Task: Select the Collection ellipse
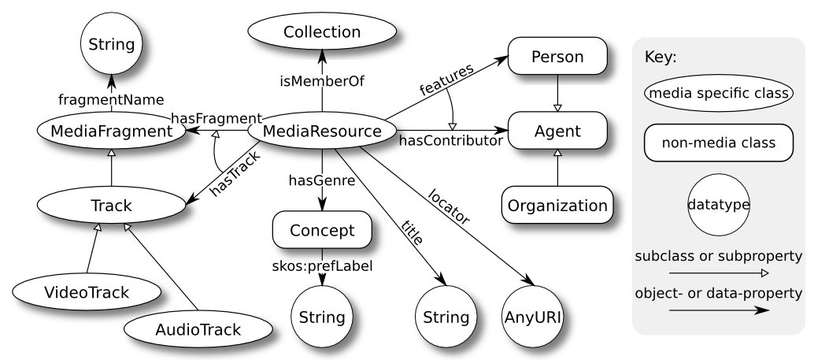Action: click(322, 32)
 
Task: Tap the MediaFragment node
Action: click(111, 132)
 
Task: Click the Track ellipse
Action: click(111, 206)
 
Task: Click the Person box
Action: click(558, 58)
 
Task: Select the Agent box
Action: click(558, 130)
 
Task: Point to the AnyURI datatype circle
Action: click(534, 317)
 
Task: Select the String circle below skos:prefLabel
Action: click(321, 317)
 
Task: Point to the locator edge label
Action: click(450, 206)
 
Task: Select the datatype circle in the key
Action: click(719, 204)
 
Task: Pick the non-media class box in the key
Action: click(719, 144)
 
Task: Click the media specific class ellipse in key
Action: click(719, 94)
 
